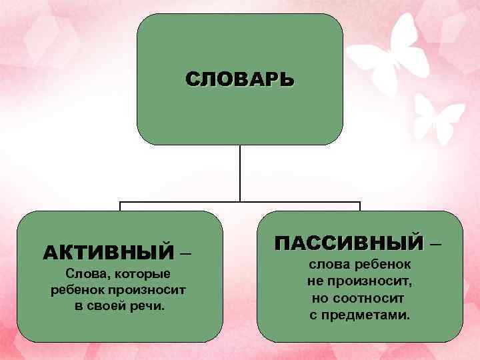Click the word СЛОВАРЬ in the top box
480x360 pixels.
point(239,80)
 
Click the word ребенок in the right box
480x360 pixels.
point(386,264)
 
